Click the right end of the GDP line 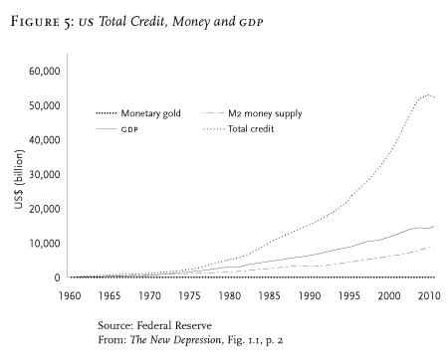point(435,226)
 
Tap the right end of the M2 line point(435,247)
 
